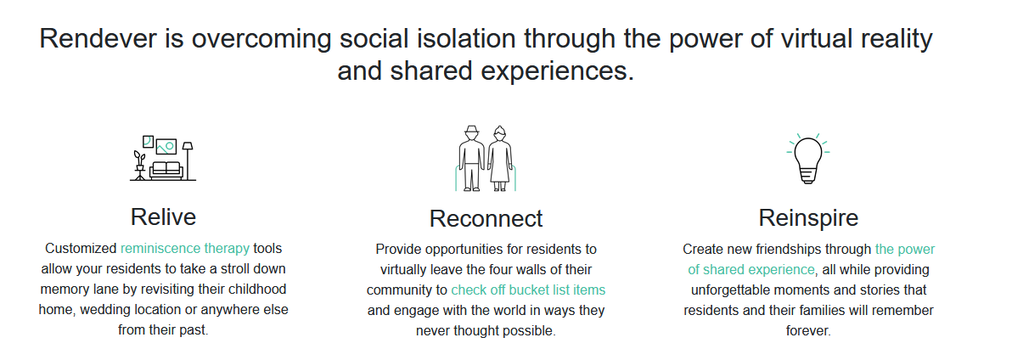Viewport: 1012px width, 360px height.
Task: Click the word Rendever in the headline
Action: (98, 39)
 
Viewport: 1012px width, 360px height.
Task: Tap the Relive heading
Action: (163, 217)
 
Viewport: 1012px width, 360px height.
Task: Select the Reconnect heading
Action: (486, 219)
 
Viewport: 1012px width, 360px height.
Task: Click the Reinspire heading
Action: (808, 217)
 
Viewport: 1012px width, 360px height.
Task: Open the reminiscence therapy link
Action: (184, 249)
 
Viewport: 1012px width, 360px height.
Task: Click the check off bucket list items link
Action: (528, 290)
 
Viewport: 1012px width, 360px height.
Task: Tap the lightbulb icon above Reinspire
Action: (808, 159)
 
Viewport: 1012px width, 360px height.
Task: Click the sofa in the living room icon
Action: (166, 170)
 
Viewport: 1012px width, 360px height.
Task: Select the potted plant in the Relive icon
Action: (139, 166)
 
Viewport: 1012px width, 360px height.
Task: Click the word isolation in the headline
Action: (462, 39)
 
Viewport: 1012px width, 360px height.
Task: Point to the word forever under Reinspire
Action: (808, 331)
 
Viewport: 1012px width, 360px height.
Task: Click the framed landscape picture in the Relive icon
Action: (166, 147)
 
